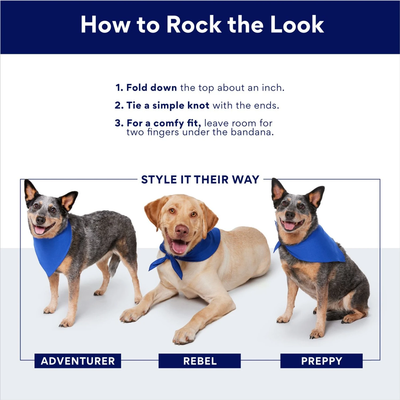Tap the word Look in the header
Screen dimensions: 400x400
[297, 25]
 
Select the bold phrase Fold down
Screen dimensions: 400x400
[151, 88]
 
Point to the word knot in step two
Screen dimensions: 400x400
[198, 106]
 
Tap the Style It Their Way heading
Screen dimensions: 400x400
[200, 180]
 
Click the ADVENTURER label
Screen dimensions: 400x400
[78, 361]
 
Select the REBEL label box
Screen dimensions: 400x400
[200, 361]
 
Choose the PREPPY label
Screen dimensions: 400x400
[321, 361]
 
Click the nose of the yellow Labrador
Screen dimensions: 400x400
[182, 230]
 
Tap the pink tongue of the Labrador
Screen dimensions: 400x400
[179, 247]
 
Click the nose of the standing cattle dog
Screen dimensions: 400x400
[40, 220]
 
